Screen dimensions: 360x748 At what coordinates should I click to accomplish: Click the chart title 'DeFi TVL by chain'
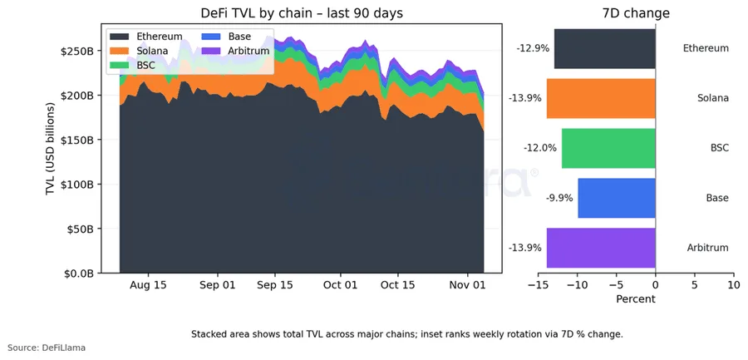(x=302, y=13)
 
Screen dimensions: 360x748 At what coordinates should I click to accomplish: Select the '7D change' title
(x=636, y=13)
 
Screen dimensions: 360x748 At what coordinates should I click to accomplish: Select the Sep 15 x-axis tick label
(x=274, y=284)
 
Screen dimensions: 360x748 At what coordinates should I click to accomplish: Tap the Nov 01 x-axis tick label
(x=467, y=284)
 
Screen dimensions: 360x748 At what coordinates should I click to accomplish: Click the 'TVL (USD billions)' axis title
(x=51, y=150)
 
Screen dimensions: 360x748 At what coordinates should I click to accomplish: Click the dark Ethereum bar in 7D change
(x=604, y=48)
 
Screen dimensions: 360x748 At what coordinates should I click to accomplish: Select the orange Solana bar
(x=601, y=98)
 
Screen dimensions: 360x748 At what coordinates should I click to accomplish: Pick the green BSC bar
(x=608, y=148)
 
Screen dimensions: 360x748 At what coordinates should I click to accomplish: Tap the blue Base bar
(x=617, y=198)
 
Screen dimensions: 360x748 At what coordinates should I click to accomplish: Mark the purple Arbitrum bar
(x=601, y=248)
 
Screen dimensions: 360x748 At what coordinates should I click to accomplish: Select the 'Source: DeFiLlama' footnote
(x=47, y=348)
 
